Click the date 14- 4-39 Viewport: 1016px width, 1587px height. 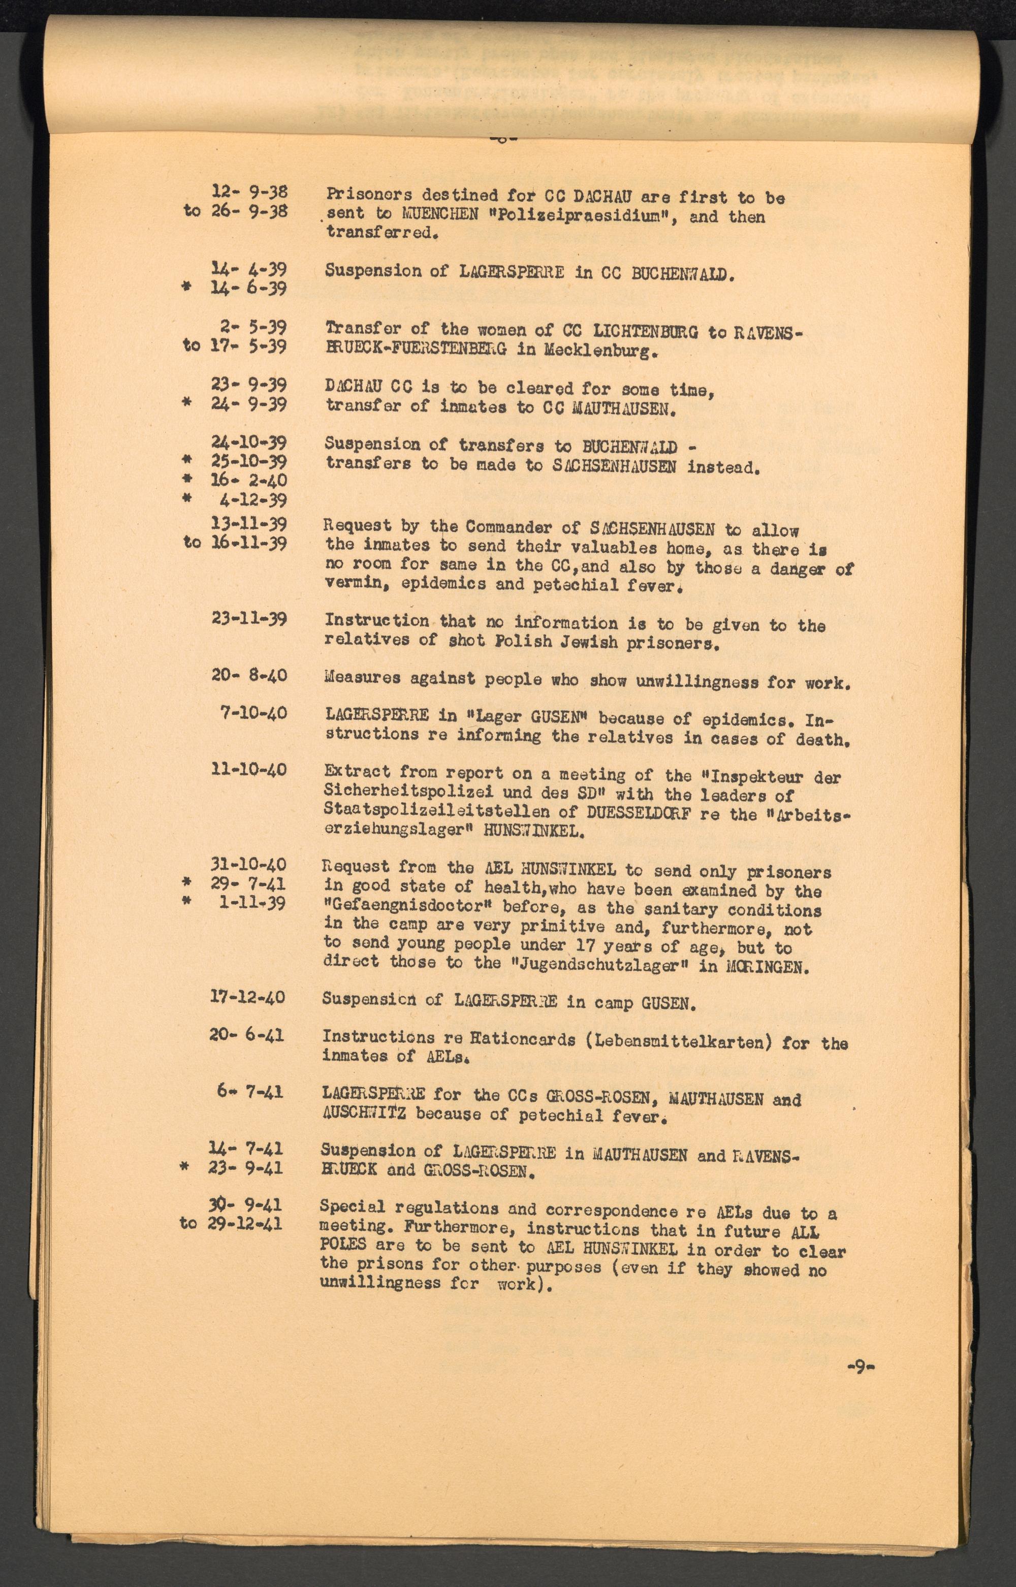coord(249,269)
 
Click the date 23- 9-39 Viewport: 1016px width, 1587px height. coord(249,385)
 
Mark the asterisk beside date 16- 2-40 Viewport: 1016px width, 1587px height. coord(187,480)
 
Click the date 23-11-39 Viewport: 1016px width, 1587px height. coord(249,619)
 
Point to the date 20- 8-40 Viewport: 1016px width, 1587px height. coord(249,676)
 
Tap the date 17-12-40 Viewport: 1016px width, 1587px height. coord(248,997)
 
